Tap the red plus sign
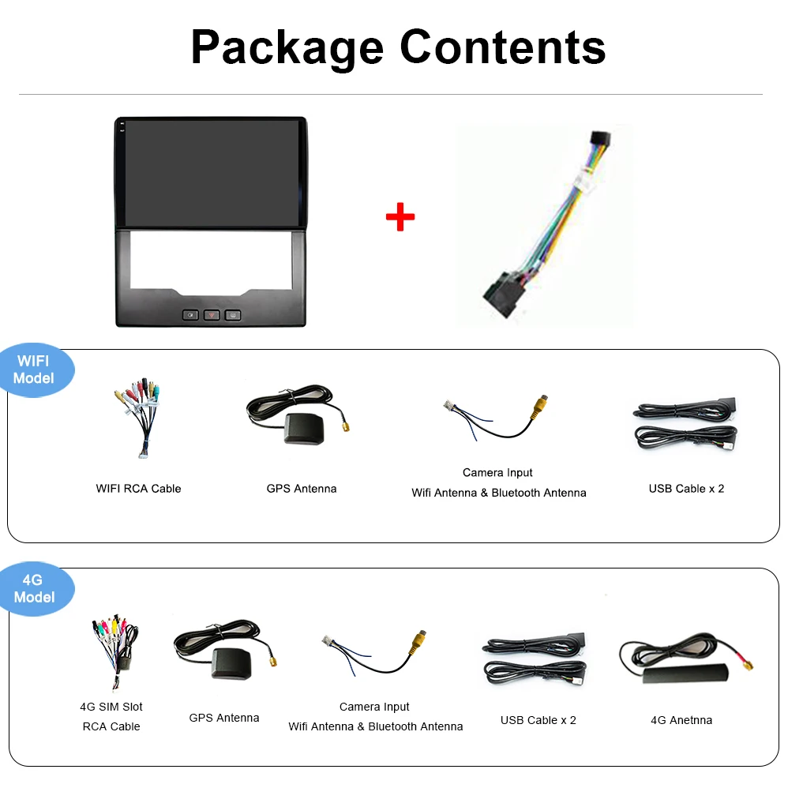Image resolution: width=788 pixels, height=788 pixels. [400, 216]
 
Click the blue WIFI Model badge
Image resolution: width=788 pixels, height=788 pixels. [34, 370]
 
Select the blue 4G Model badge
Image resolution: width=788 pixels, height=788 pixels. [34, 589]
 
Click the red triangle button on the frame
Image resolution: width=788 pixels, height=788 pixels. [212, 315]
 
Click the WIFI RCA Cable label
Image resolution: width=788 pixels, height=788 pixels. [138, 489]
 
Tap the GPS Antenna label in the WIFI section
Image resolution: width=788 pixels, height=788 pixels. [301, 489]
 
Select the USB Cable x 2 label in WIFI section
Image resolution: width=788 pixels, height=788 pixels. [686, 489]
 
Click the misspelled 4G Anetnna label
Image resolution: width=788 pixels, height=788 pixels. [681, 720]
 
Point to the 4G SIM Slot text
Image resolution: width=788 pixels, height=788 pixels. [111, 707]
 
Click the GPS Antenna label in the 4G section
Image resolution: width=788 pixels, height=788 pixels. [223, 718]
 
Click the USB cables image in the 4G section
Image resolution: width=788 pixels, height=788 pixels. [534, 659]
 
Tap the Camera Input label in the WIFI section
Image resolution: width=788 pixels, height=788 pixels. [497, 473]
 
